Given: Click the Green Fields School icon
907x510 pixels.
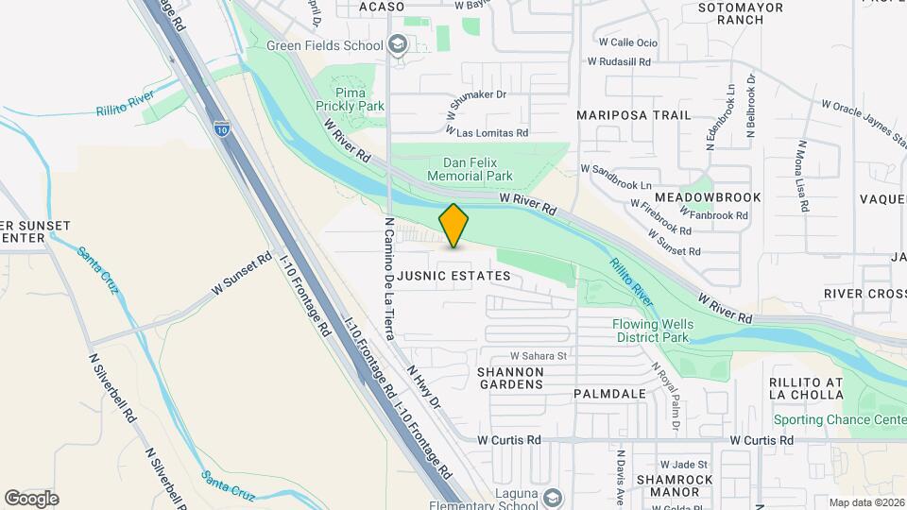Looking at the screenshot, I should coord(399,44).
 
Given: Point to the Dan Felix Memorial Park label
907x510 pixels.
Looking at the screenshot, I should coord(470,170).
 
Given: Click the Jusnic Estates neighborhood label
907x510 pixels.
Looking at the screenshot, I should coord(453,277).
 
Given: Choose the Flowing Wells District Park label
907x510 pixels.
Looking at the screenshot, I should coord(653,331).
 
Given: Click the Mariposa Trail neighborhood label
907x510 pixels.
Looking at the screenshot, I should coord(634,115).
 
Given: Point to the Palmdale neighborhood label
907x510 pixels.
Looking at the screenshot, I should coord(610,394).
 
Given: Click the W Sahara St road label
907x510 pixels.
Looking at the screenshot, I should coord(538,356).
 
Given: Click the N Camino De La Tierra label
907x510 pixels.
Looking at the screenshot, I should coord(388,280).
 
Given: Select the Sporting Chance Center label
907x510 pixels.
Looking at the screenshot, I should coord(839,419).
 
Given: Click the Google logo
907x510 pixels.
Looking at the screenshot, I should coord(31,499).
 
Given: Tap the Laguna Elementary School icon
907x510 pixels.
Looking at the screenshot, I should coord(552,497).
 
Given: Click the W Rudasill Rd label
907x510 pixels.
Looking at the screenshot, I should coord(619,62).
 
